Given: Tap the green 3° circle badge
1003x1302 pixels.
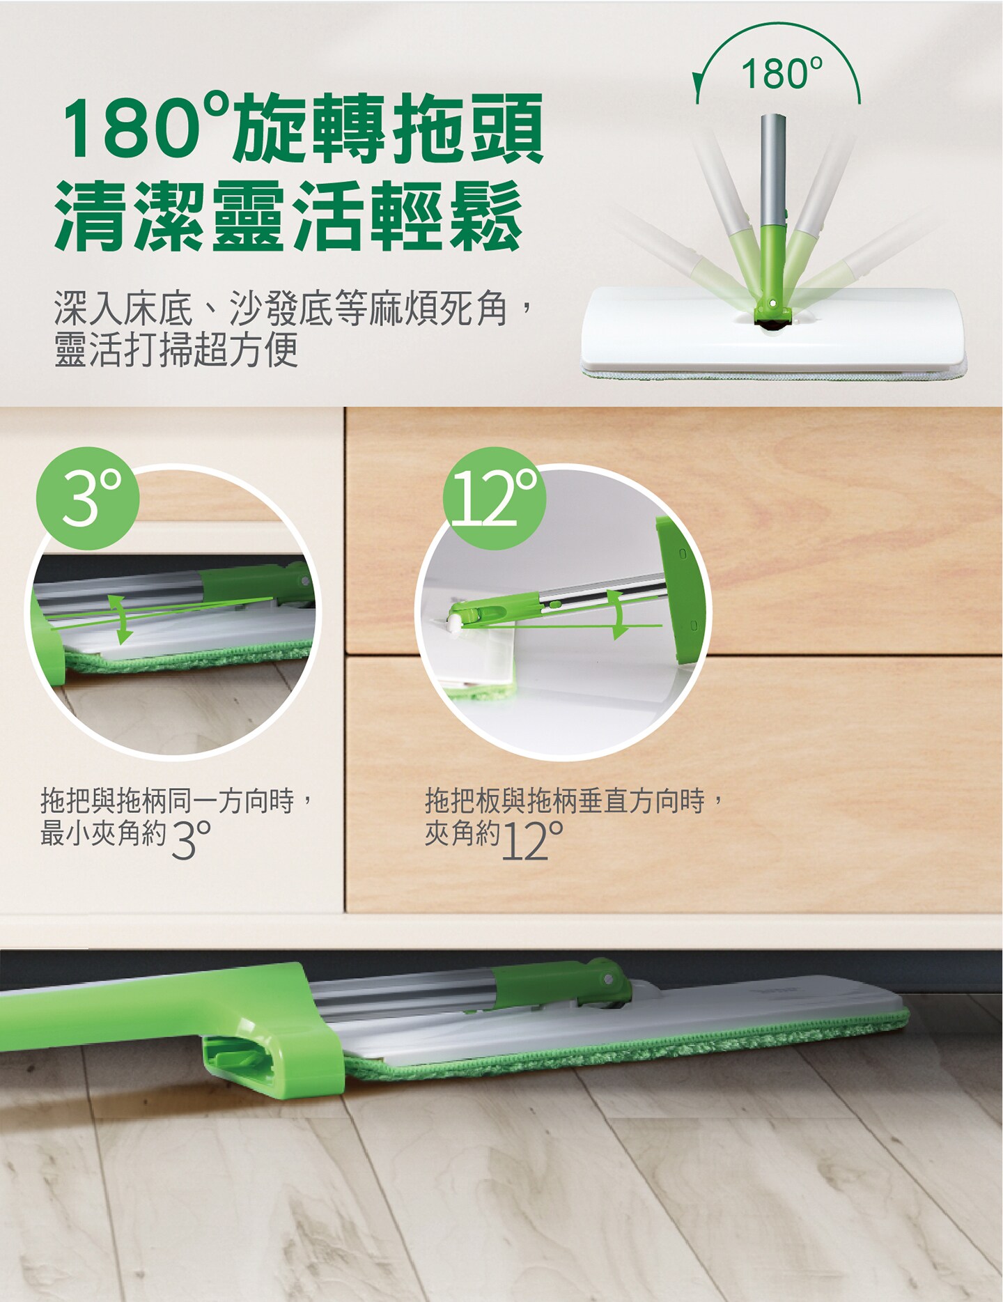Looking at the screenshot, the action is pyautogui.click(x=88, y=498).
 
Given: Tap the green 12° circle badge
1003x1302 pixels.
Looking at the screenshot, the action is pyautogui.click(x=495, y=498).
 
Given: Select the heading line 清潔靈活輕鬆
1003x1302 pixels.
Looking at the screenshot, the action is pyautogui.click(x=288, y=215).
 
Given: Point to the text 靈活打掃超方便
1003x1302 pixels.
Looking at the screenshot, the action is pyautogui.click(x=176, y=349).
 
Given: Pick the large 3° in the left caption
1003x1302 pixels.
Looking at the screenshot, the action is pyautogui.click(x=190, y=838).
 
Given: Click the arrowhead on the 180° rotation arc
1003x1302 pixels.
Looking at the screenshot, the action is pyautogui.click(x=697, y=91).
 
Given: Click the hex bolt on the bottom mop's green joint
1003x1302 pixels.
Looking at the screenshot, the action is pyautogui.click(x=609, y=977).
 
